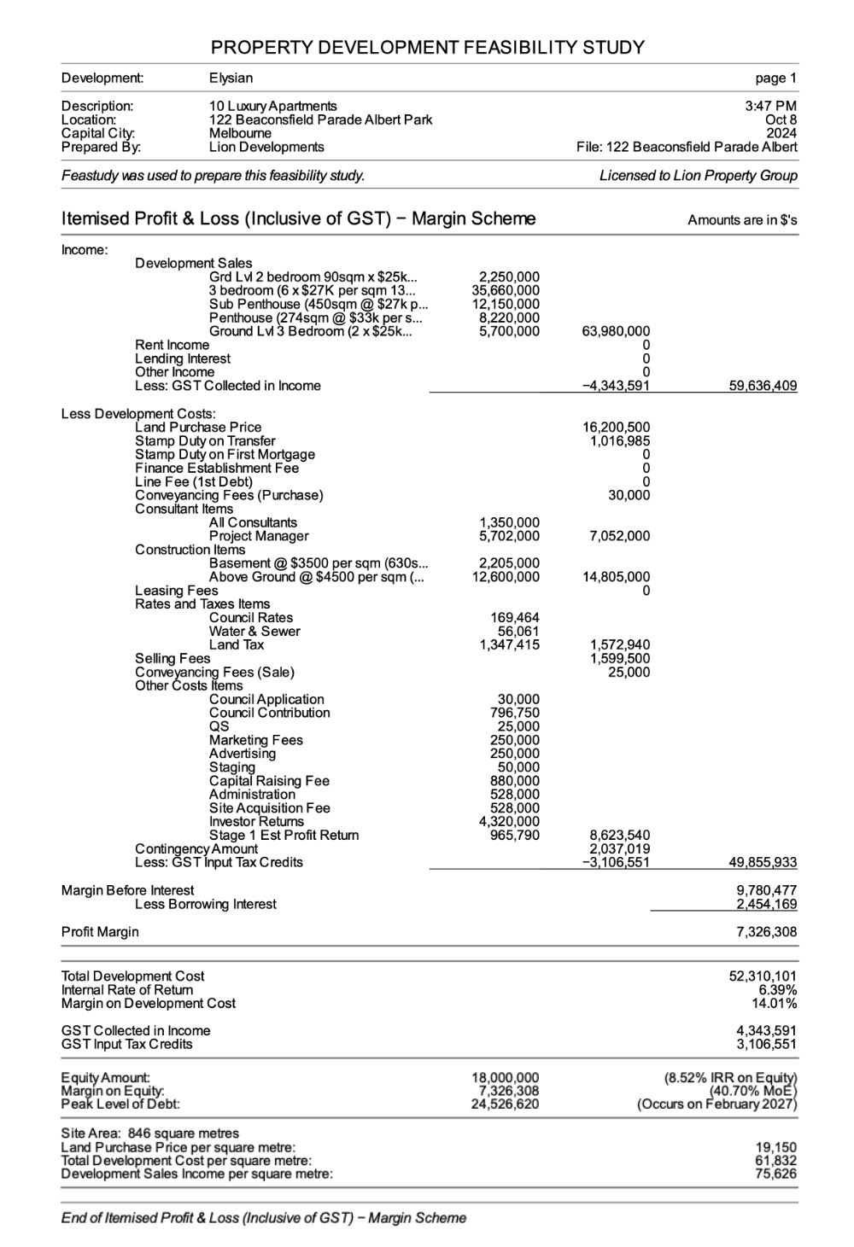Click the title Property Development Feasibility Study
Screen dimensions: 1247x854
(428, 47)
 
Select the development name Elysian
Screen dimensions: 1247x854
(231, 79)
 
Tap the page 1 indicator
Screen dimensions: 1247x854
(775, 79)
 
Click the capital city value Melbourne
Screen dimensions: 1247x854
(240, 133)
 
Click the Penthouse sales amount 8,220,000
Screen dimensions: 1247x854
(509, 318)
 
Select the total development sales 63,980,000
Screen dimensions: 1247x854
(615, 331)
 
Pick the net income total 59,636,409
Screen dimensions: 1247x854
(763, 386)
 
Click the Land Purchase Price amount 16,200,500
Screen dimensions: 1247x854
(615, 427)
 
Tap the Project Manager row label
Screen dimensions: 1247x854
(259, 536)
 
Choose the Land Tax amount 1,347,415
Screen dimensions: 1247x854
(509, 644)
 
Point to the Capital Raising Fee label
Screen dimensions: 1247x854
(269, 781)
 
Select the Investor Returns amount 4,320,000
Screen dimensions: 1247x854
(509, 822)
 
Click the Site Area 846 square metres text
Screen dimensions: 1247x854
(150, 1133)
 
